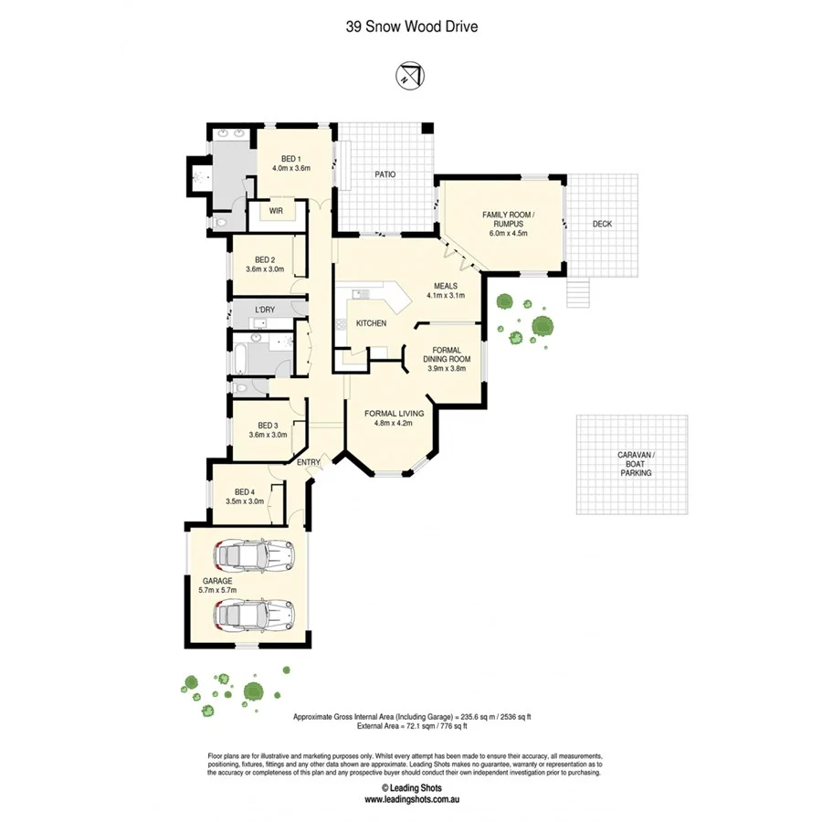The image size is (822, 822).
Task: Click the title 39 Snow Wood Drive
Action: pyautogui.click(x=411, y=26)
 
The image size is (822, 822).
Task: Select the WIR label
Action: pyautogui.click(x=276, y=210)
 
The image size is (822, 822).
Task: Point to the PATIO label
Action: pyautogui.click(x=385, y=174)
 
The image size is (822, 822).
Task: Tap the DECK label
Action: pyautogui.click(x=602, y=224)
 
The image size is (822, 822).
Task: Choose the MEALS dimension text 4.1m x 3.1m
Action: pyautogui.click(x=446, y=295)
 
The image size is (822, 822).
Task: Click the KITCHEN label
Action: pyautogui.click(x=371, y=323)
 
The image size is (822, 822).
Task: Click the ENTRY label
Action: pyautogui.click(x=309, y=462)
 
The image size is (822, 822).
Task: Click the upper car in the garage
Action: pyautogui.click(x=254, y=553)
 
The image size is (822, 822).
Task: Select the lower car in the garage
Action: pyautogui.click(x=254, y=616)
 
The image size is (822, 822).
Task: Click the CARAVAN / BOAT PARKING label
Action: pyautogui.click(x=630, y=463)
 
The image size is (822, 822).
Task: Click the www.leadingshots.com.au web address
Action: pyautogui.click(x=411, y=799)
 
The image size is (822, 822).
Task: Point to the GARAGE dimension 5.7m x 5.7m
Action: pyautogui.click(x=217, y=591)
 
